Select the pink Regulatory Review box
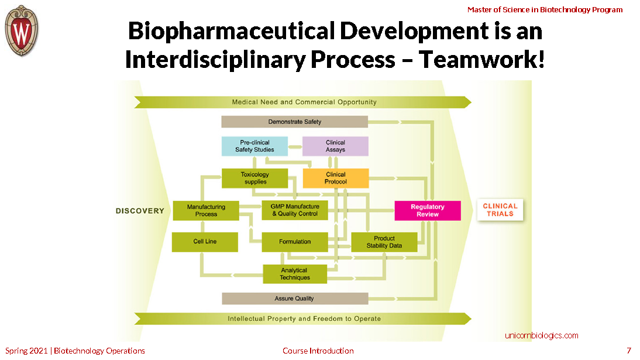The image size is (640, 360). [428, 211]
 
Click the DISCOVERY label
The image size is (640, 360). [140, 211]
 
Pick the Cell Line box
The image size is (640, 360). [205, 242]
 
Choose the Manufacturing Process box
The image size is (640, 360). [206, 211]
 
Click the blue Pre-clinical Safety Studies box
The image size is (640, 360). [254, 146]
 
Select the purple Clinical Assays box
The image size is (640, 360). [335, 146]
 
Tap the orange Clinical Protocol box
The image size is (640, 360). [335, 178]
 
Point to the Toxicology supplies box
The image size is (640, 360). [254, 178]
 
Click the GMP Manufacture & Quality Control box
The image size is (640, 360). [295, 210]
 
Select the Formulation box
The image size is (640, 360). [295, 242]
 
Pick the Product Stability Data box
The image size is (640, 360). [384, 242]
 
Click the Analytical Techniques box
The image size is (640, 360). [295, 274]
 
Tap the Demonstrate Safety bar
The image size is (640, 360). [295, 122]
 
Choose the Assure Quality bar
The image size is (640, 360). [295, 299]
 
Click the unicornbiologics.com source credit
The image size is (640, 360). [541, 335]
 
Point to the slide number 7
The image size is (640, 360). [629, 351]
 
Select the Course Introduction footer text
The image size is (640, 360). [318, 351]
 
